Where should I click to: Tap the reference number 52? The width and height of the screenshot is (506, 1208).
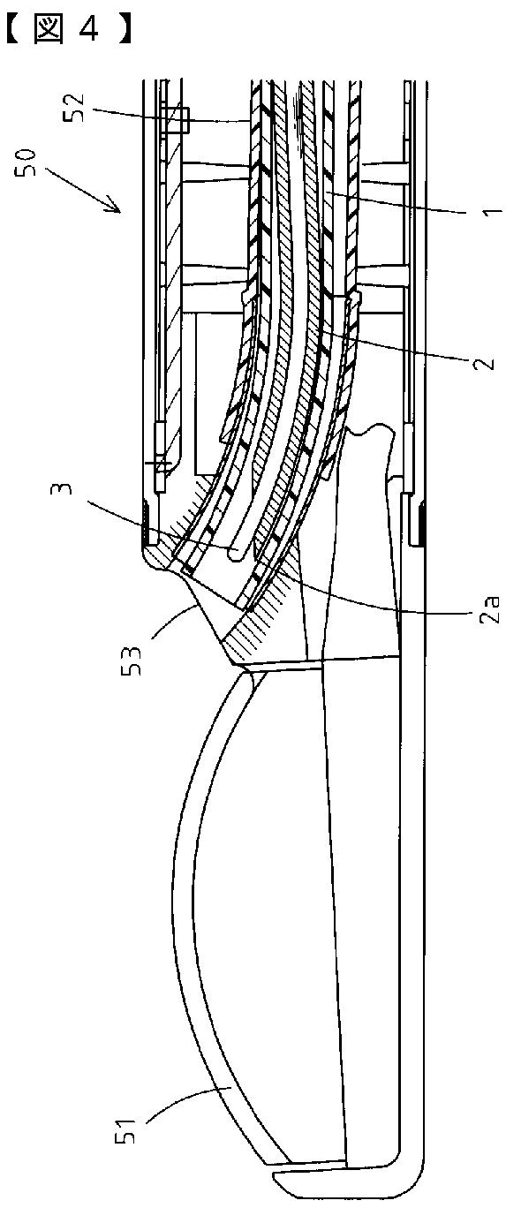76,108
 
